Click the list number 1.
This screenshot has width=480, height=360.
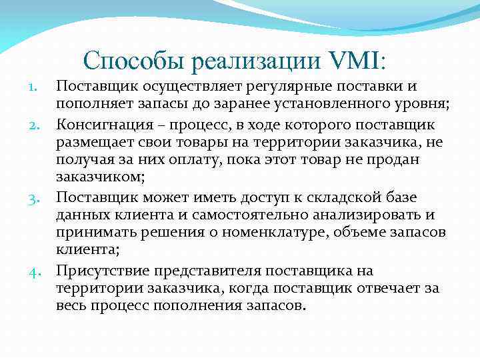coord(39,87)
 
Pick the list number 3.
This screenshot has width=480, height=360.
coord(37,197)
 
